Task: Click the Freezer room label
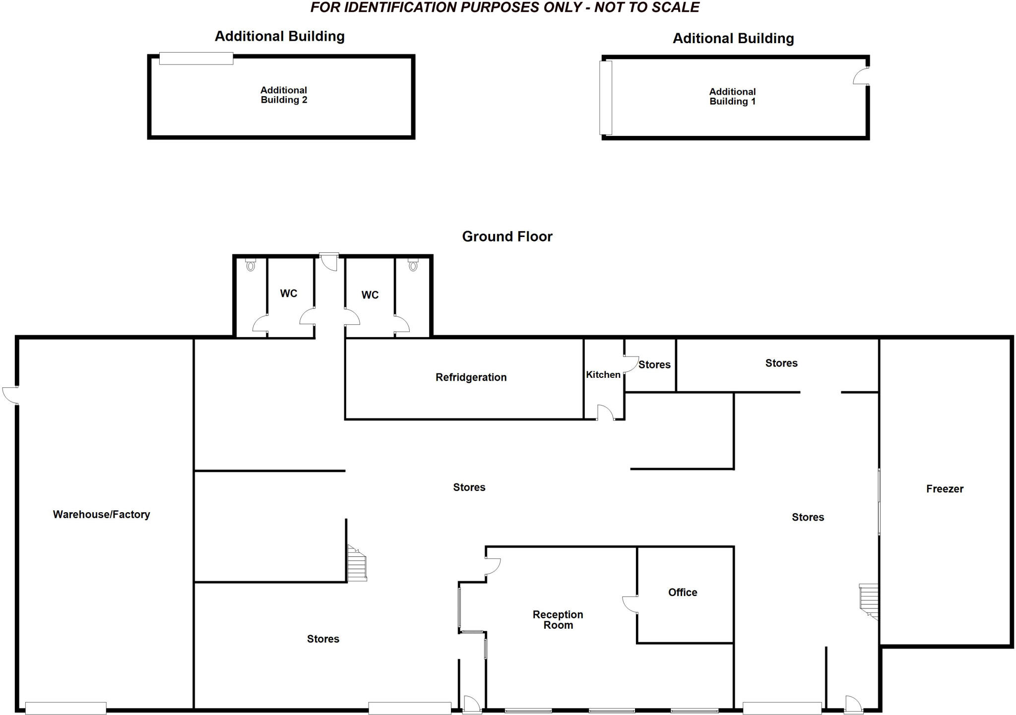tap(945, 489)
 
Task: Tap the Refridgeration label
tap(471, 377)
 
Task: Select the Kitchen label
tap(603, 375)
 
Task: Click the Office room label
tap(683, 593)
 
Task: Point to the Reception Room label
tap(558, 620)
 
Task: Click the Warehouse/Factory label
tap(101, 515)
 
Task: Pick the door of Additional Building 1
tap(861, 76)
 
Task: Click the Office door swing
tap(630, 603)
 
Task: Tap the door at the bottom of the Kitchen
tap(605, 413)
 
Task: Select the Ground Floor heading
tap(507, 237)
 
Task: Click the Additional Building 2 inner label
tap(284, 95)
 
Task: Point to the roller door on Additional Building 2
tap(196, 59)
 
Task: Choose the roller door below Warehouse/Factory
tap(65, 708)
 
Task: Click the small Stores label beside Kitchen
tap(654, 365)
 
